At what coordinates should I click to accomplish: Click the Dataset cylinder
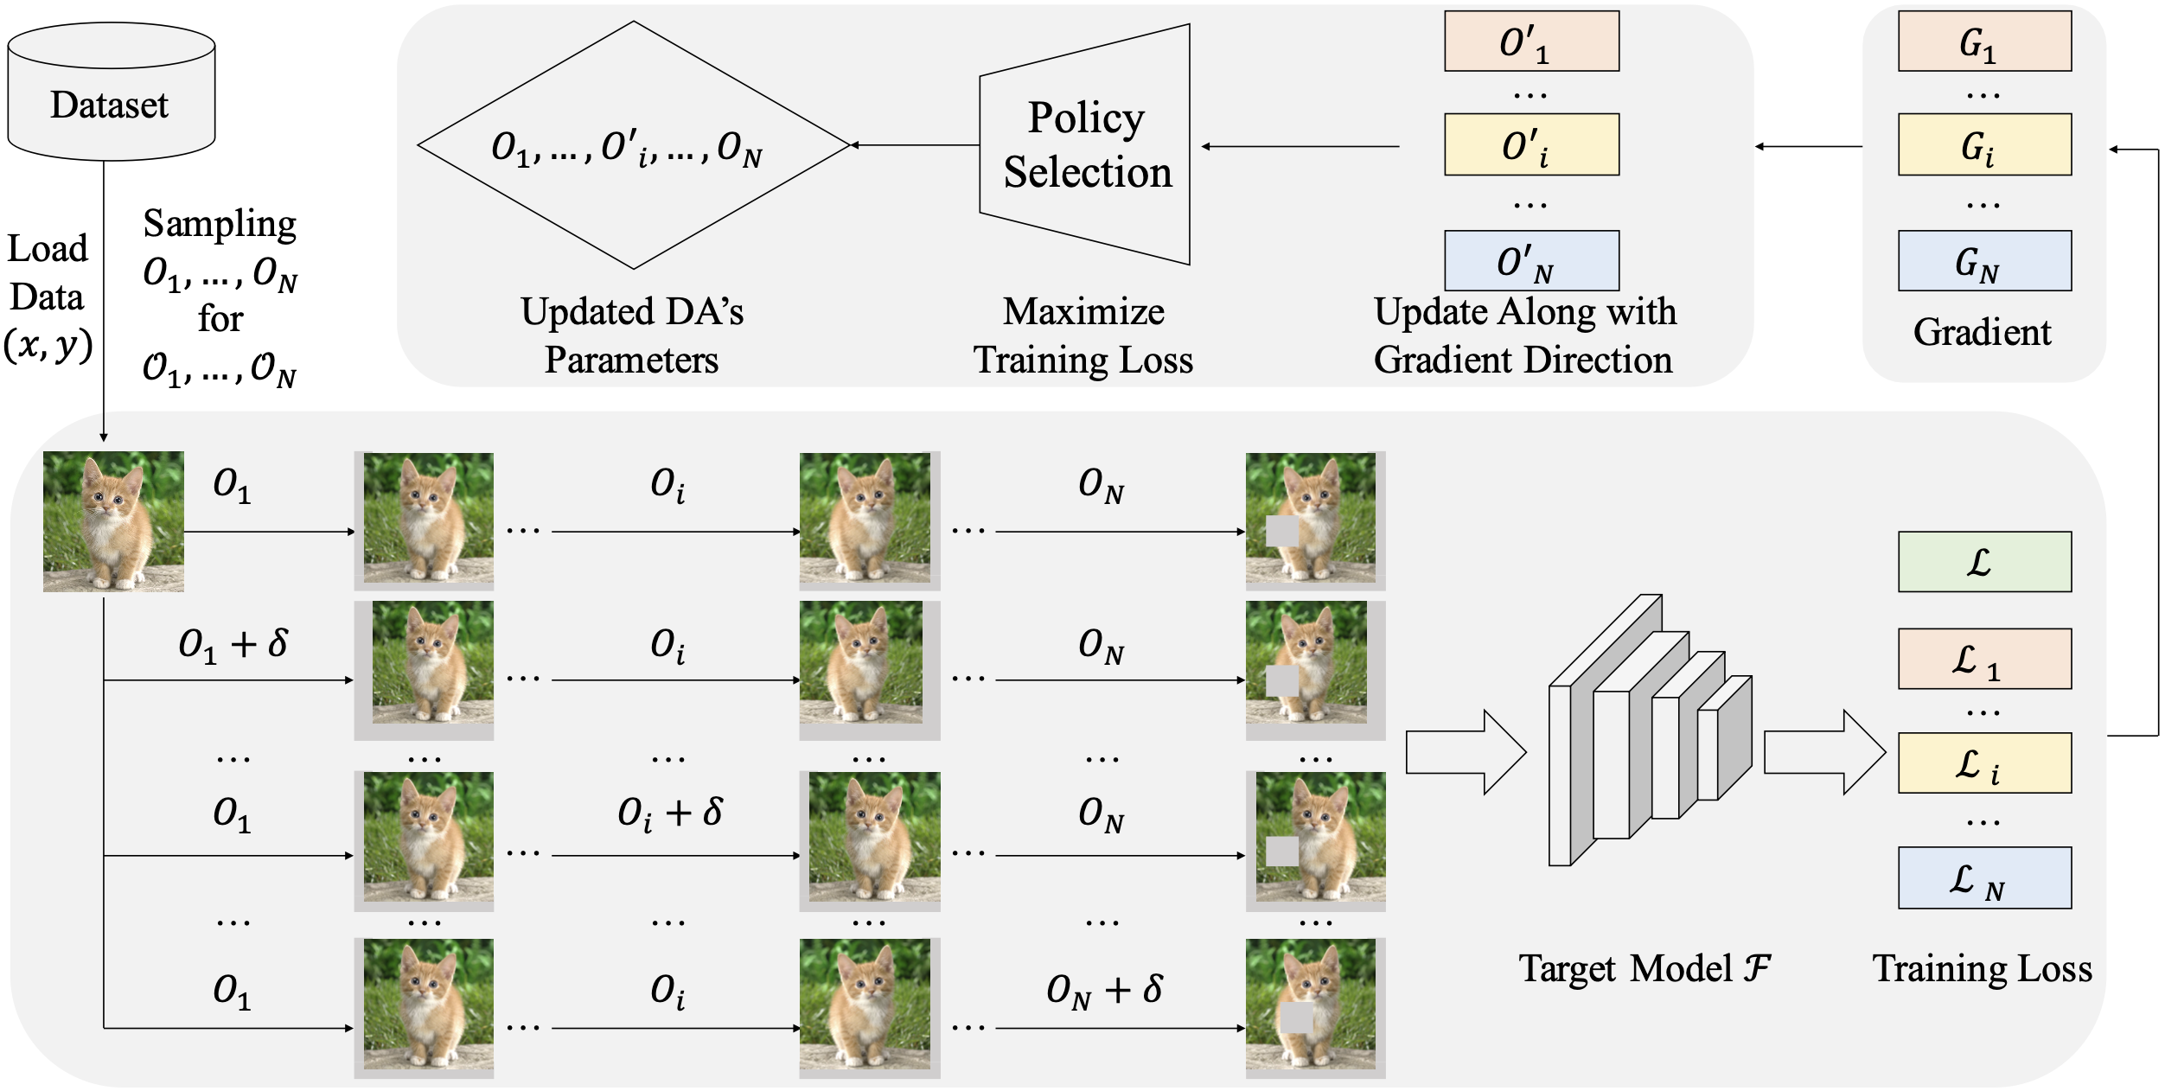pyautogui.click(x=111, y=93)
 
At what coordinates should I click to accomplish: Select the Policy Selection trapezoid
pyautogui.click(x=1086, y=144)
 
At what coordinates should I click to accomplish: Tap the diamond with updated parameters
pyautogui.click(x=633, y=145)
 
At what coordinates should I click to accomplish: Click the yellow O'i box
pyautogui.click(x=1531, y=144)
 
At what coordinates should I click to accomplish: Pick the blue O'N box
pyautogui.click(x=1531, y=261)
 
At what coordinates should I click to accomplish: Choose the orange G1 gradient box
pyautogui.click(x=1984, y=41)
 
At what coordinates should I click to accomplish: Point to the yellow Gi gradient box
pyautogui.click(x=1984, y=144)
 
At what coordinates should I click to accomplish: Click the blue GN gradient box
pyautogui.click(x=1984, y=261)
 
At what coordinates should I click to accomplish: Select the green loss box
pyautogui.click(x=1984, y=562)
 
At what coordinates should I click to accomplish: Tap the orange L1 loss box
pyautogui.click(x=1984, y=659)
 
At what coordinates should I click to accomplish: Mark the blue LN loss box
pyautogui.click(x=1984, y=878)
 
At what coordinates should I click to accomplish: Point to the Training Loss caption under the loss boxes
pyautogui.click(x=1982, y=968)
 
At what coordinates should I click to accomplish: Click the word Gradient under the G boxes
pyautogui.click(x=1982, y=332)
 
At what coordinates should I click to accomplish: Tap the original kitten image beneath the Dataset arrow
pyautogui.click(x=113, y=521)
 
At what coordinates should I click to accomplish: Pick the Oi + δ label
pyautogui.click(x=670, y=813)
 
